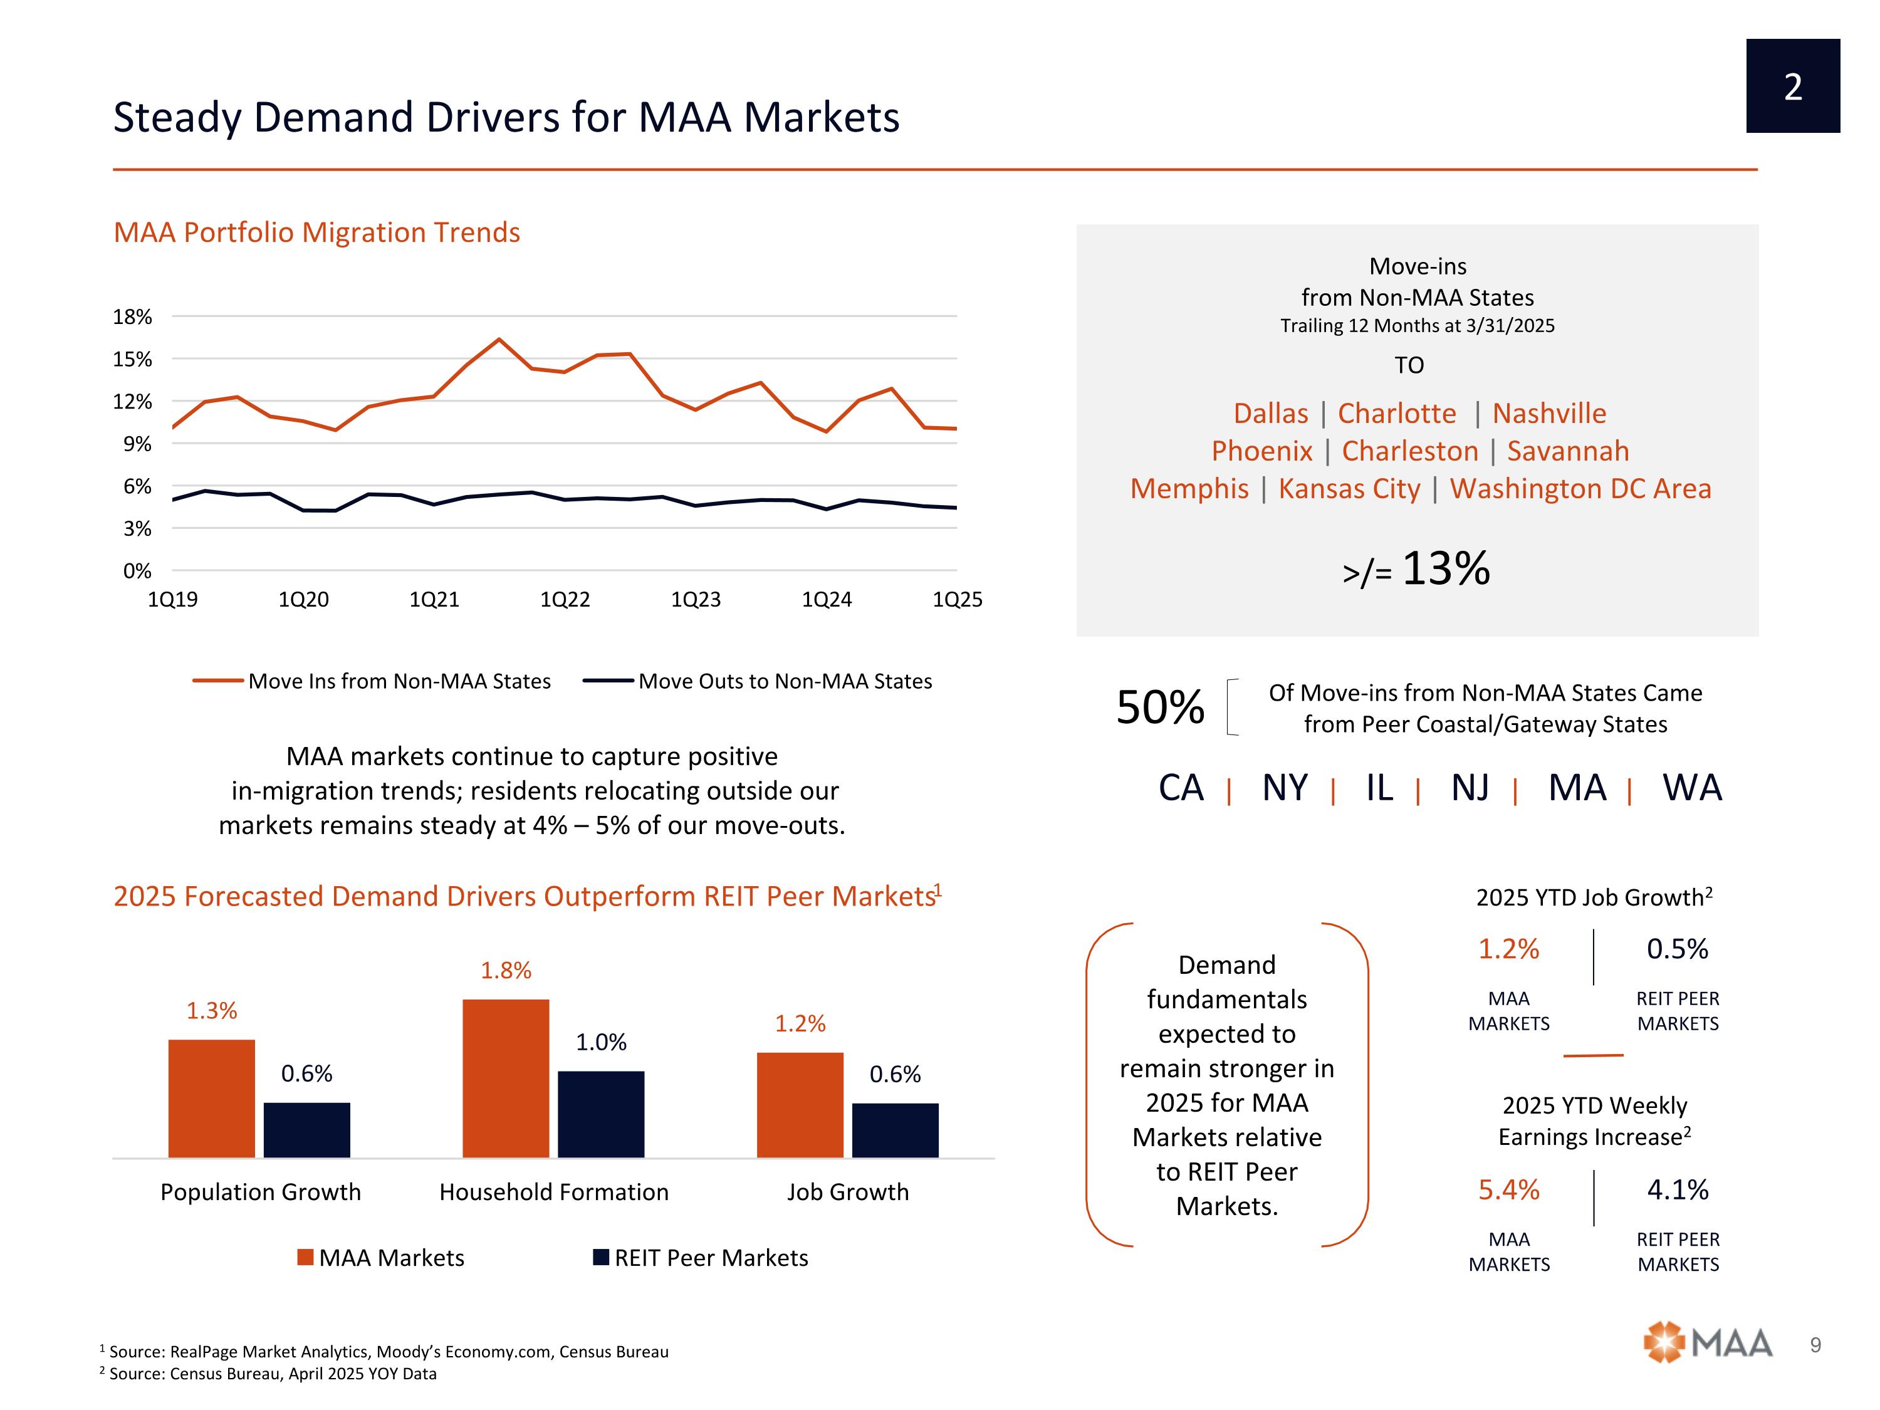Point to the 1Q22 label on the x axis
click(565, 600)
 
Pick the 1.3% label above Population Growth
click(212, 1011)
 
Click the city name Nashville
click(1548, 414)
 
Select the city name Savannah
click(1567, 451)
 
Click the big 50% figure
click(1159, 707)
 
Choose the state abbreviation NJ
click(1470, 788)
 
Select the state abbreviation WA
click(1691, 788)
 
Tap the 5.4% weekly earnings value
click(1508, 1190)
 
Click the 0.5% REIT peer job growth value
click(1677, 949)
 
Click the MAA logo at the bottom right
click(1708, 1344)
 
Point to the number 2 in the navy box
click(1792, 86)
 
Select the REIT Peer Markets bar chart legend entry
click(701, 1258)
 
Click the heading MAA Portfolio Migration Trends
click(316, 233)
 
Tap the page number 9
click(1815, 1345)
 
